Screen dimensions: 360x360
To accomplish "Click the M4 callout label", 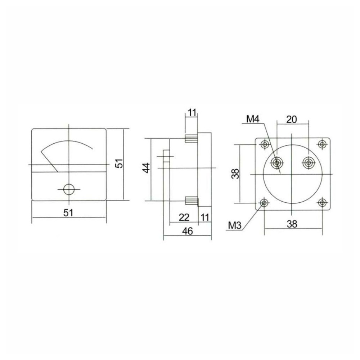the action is [253, 119].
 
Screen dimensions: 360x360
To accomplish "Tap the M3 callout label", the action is [235, 226].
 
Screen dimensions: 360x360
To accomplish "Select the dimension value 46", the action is [188, 231].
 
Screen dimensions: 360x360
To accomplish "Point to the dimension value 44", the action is [147, 168].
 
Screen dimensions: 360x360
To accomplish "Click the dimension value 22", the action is [184, 217].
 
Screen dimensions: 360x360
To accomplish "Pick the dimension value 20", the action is [292, 120].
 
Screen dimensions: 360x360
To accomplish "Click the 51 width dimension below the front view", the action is [68, 213].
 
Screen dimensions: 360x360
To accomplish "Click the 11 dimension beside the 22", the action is [205, 217].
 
